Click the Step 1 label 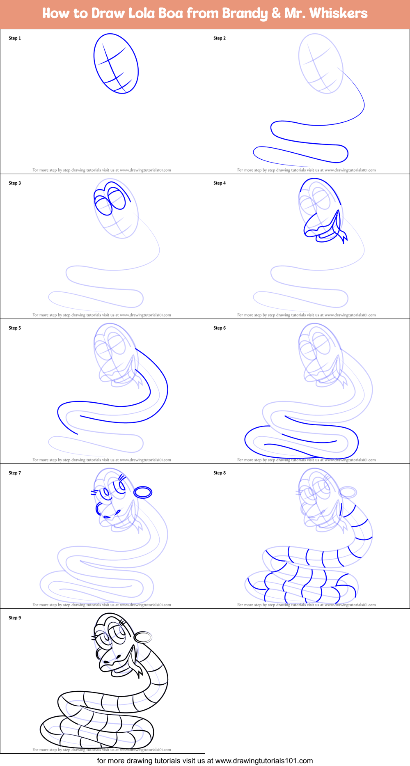[15, 38]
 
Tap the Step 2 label [220, 38]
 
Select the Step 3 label [15, 183]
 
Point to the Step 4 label [220, 183]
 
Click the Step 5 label [15, 328]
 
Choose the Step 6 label [220, 328]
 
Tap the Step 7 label [15, 473]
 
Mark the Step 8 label [220, 473]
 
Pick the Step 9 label [15, 618]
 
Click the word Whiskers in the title [339, 14]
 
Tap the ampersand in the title [275, 14]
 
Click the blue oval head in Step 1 [116, 64]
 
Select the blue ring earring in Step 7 [143, 492]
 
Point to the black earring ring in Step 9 [143, 637]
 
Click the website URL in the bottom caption [264, 761]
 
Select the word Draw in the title [108, 14]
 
